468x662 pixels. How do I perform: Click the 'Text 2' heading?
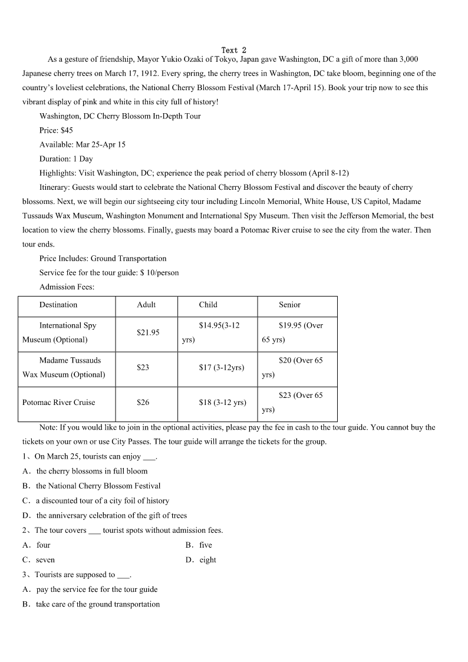(x=234, y=50)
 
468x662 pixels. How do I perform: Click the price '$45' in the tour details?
(x=67, y=130)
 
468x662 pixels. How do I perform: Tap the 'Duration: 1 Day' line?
(x=66, y=159)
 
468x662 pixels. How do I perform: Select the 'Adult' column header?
(x=146, y=305)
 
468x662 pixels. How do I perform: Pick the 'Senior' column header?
(x=289, y=305)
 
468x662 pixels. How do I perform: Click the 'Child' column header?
(x=208, y=305)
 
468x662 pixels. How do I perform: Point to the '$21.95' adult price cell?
(x=148, y=332)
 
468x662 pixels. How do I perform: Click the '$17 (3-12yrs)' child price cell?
(x=222, y=367)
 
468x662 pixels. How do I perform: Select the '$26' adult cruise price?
(x=143, y=402)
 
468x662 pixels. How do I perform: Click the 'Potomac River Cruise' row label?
(x=58, y=402)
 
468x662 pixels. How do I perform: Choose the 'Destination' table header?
(x=58, y=305)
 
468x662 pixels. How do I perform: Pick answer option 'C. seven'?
(x=38, y=560)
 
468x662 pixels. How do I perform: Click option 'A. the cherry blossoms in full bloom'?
(x=85, y=471)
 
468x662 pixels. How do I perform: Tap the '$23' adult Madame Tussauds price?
(x=143, y=367)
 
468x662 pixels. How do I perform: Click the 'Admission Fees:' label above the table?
(x=67, y=287)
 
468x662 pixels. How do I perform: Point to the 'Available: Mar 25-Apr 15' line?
(x=82, y=144)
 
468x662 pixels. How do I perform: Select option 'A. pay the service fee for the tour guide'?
(x=90, y=589)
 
